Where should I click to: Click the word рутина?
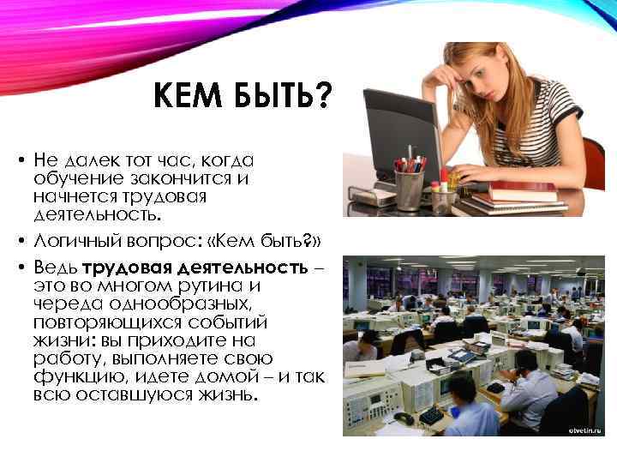pos(194,286)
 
